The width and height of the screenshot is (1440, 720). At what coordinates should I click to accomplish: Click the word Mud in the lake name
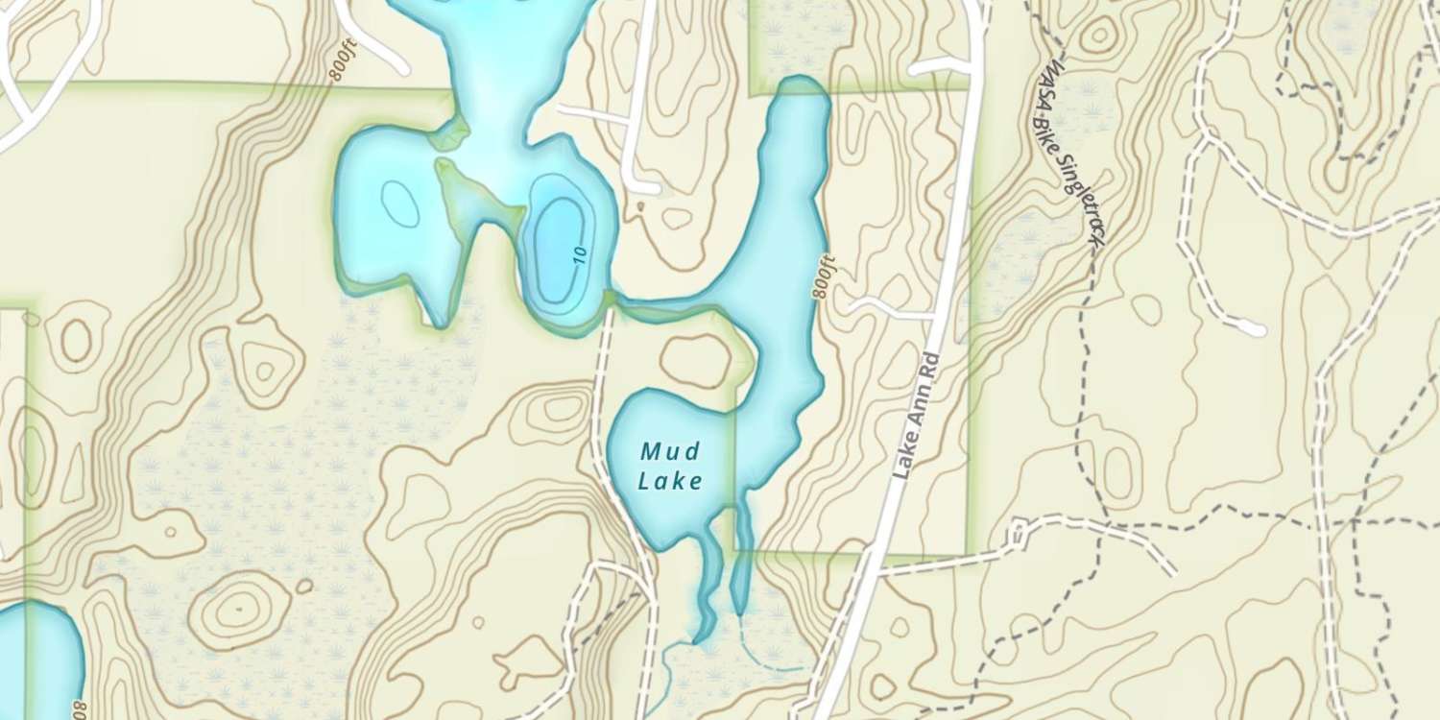pyautogui.click(x=670, y=449)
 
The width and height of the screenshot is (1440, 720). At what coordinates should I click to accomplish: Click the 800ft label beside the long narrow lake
pyautogui.click(x=822, y=277)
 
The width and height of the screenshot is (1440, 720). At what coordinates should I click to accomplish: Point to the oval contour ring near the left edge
pyautogui.click(x=76, y=339)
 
